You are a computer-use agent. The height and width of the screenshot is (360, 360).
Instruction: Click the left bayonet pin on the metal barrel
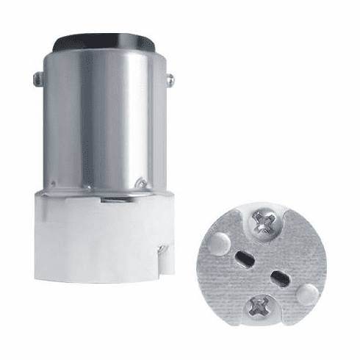click(36, 75)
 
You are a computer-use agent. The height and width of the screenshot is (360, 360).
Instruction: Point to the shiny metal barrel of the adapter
click(81, 118)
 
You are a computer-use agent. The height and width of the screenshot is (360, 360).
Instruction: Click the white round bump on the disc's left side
click(219, 240)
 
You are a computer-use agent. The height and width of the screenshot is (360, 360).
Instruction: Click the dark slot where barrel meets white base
click(110, 199)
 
